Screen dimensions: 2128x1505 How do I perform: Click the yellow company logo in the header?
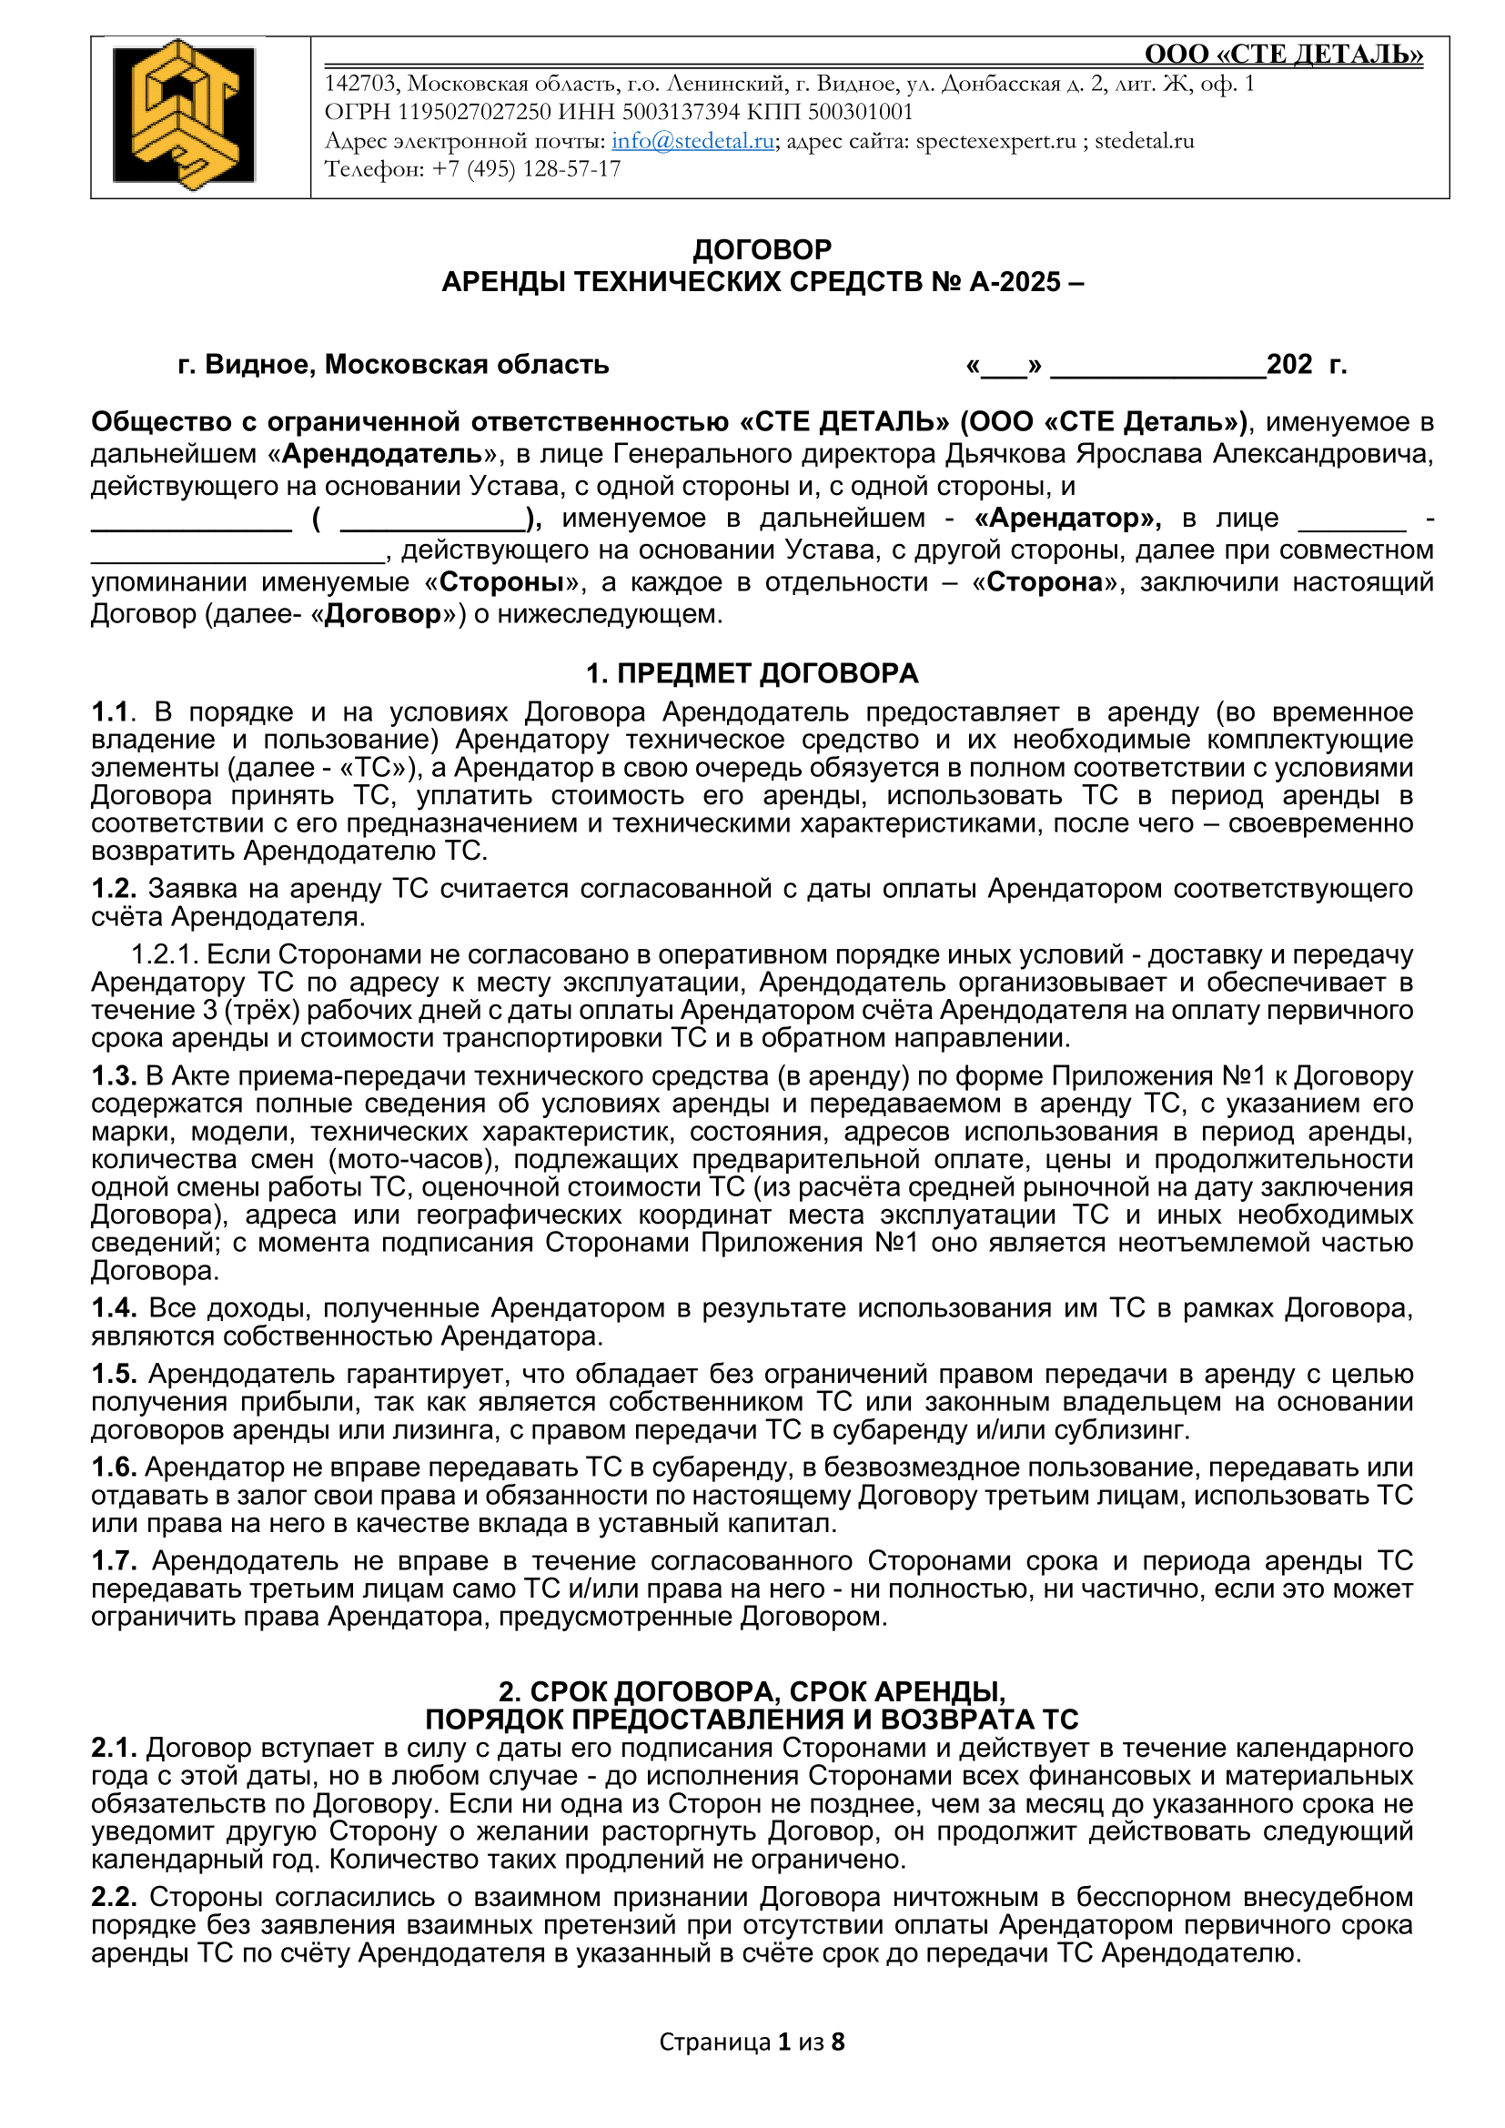coord(185,115)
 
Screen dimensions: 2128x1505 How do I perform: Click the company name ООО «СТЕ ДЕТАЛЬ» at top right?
coord(1283,55)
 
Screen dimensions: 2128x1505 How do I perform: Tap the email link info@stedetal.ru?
coord(692,141)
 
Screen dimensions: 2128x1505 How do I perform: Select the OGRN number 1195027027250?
coord(473,112)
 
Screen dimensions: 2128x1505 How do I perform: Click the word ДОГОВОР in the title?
coord(762,249)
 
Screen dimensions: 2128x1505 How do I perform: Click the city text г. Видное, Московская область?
coord(393,365)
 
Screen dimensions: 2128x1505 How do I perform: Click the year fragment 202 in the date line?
coord(1288,365)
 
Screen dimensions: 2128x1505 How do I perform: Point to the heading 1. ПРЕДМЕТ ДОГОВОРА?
coord(752,674)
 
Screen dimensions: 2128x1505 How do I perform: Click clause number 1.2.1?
coord(164,954)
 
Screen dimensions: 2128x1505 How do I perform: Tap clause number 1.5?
coord(114,1374)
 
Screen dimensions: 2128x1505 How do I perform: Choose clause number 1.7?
coord(114,1562)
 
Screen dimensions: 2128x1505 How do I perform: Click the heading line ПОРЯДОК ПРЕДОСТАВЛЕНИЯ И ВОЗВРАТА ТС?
coord(752,1720)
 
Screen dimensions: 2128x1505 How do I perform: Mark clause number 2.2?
coord(114,1897)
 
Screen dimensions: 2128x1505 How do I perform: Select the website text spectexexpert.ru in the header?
coord(995,141)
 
